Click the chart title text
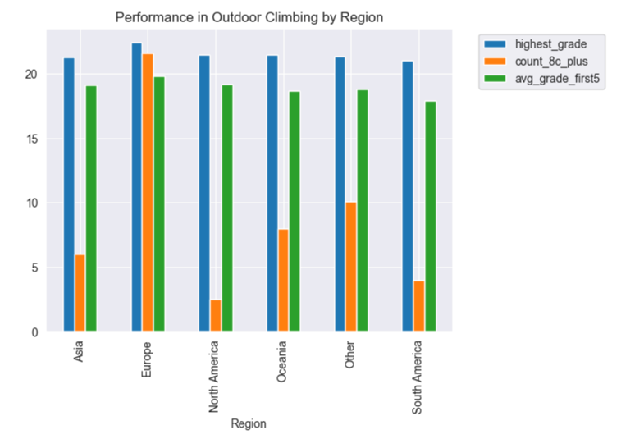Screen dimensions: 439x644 [x=249, y=17]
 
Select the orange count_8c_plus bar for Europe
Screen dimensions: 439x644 [x=148, y=193]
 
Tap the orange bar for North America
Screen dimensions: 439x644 [x=215, y=316]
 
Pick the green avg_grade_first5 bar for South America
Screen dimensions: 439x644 [x=430, y=217]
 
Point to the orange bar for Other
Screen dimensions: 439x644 [x=351, y=267]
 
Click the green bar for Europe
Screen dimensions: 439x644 [x=159, y=204]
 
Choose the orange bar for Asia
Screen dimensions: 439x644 [x=80, y=293]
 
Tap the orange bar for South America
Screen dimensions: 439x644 [x=418, y=306]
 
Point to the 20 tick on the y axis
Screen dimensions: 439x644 [x=34, y=74]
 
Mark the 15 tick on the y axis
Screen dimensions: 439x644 [x=34, y=139]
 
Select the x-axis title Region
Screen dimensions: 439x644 [x=249, y=423]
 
